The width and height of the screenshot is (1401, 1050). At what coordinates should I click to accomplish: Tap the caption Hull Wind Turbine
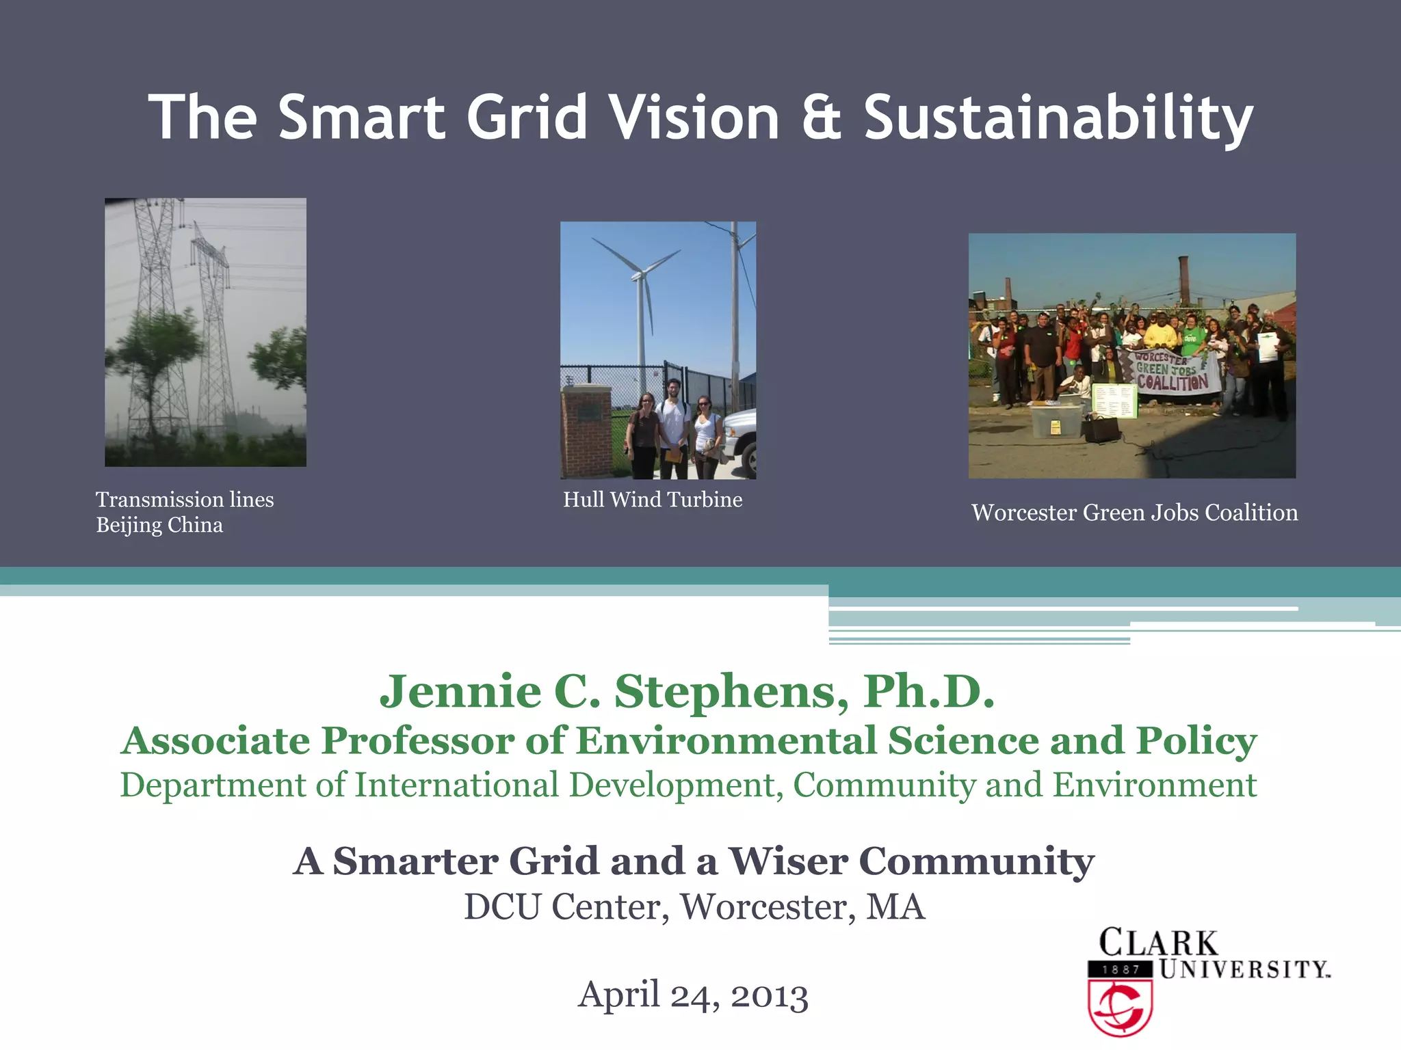pyautogui.click(x=653, y=500)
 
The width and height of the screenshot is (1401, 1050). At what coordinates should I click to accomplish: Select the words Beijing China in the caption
pyautogui.click(x=159, y=525)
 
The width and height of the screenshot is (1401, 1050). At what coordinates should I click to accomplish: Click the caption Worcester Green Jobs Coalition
pyautogui.click(x=1134, y=513)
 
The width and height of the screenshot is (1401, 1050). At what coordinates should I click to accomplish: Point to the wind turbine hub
pyautogui.click(x=639, y=275)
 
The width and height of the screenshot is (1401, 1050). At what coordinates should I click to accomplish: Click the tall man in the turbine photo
pyautogui.click(x=673, y=427)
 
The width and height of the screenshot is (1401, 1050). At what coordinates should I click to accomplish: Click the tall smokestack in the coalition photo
pyautogui.click(x=1183, y=280)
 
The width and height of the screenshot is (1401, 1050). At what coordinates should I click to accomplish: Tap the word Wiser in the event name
pyautogui.click(x=787, y=861)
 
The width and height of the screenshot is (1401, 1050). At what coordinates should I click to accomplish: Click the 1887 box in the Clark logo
pyautogui.click(x=1120, y=969)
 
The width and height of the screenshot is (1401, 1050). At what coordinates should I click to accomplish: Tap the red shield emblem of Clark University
pyautogui.click(x=1120, y=1008)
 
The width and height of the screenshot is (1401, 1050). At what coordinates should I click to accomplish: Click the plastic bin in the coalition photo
pyautogui.click(x=1056, y=420)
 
